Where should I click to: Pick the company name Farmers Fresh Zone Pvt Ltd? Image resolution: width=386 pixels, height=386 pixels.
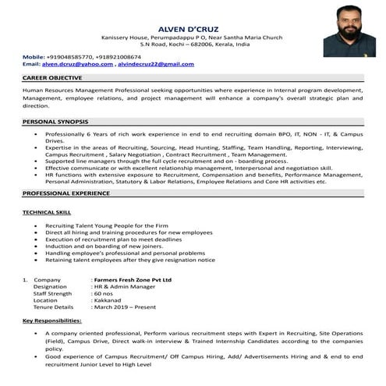pyautogui.click(x=131, y=279)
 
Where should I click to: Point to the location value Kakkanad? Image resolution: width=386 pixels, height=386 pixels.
pyautogui.click(x=109, y=300)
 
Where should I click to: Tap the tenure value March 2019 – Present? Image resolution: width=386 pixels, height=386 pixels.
pyautogui.click(x=126, y=307)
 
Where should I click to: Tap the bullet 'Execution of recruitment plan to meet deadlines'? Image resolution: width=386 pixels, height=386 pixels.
pyautogui.click(x=114, y=239)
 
